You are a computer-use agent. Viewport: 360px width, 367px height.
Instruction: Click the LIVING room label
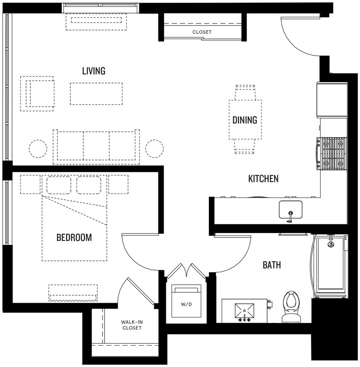pyautogui.click(x=94, y=71)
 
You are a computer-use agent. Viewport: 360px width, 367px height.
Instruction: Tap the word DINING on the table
pyautogui.click(x=244, y=120)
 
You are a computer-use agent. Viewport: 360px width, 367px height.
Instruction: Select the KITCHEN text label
pyautogui.click(x=263, y=178)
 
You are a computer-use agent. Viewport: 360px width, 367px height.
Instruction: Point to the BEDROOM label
pyautogui.click(x=74, y=237)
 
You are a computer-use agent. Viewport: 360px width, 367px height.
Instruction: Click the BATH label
pyautogui.click(x=271, y=264)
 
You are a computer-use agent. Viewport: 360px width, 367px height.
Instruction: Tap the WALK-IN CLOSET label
pyautogui.click(x=132, y=325)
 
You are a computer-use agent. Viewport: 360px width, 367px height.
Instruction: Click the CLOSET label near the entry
pyautogui.click(x=202, y=32)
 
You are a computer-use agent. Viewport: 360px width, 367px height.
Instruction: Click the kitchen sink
pyautogui.click(x=290, y=209)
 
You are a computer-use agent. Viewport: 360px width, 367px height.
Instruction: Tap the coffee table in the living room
pyautogui.click(x=96, y=93)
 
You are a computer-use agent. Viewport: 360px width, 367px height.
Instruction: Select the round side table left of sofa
pyautogui.click(x=37, y=149)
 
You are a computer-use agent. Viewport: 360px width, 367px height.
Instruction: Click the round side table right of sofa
pyautogui.click(x=154, y=149)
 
